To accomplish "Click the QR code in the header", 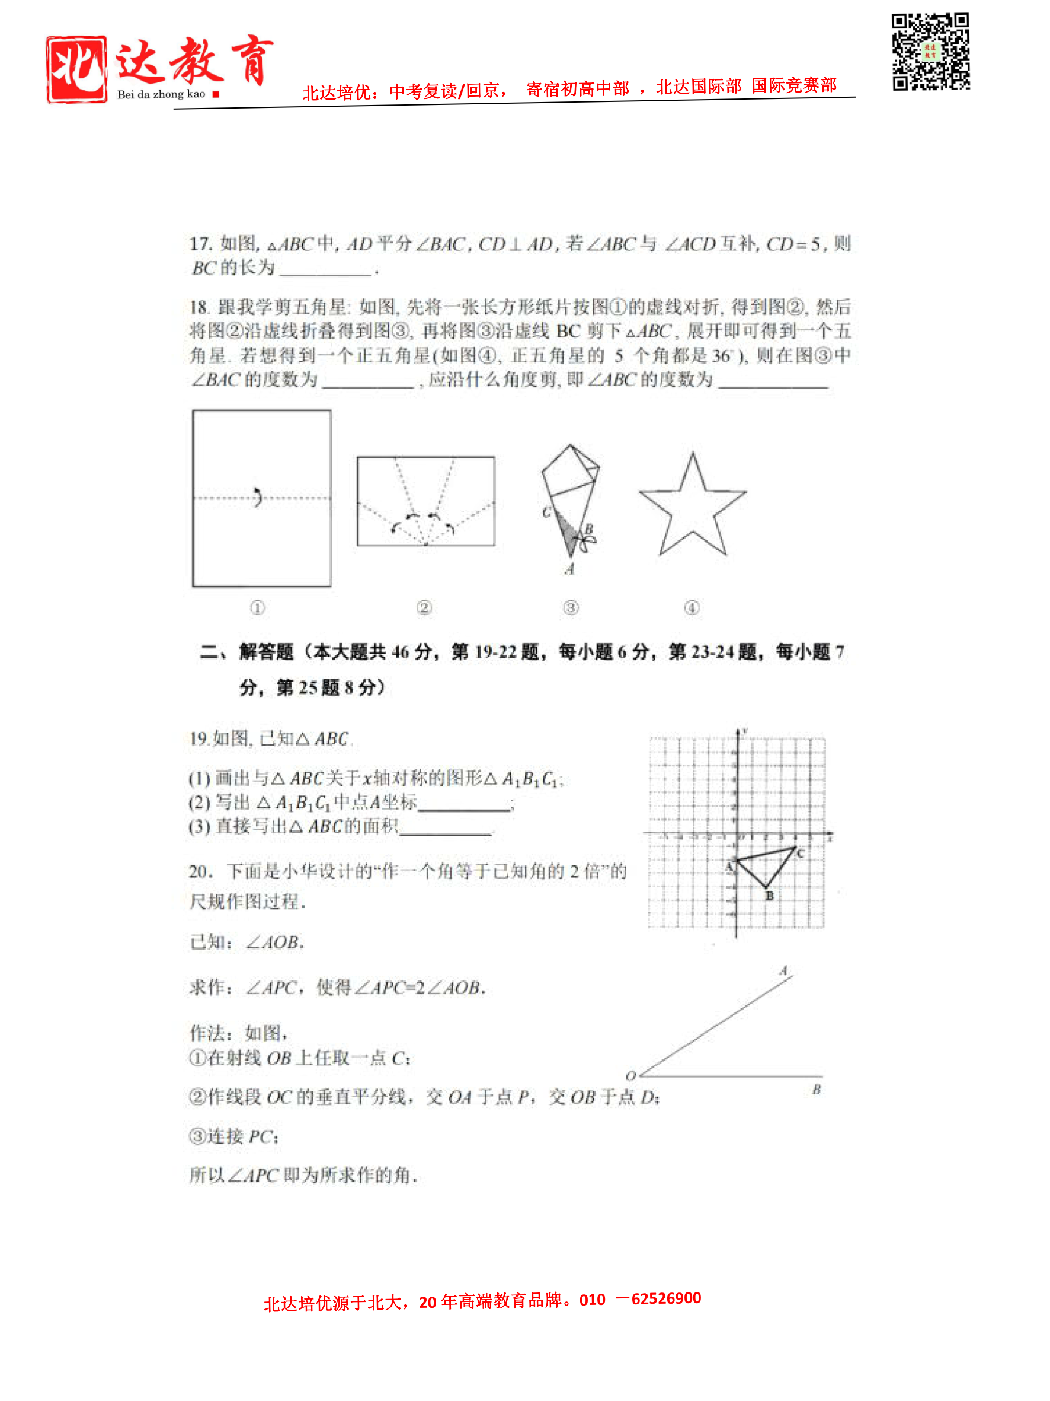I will (x=930, y=52).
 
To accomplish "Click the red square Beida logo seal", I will (x=76, y=69).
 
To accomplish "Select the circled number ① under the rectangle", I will (x=257, y=607).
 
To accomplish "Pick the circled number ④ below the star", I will (x=692, y=607).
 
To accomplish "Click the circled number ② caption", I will (x=424, y=607).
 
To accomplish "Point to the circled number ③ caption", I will (x=570, y=607).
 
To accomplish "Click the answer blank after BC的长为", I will (x=325, y=269).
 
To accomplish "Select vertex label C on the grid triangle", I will (x=801, y=853).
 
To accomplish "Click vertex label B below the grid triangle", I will (x=770, y=896).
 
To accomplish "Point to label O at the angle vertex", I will (x=630, y=1075).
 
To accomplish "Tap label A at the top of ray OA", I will (x=783, y=970).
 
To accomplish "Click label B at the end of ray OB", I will (x=816, y=1090).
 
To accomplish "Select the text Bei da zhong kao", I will (x=161, y=94).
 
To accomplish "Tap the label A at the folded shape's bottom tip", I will (x=569, y=569).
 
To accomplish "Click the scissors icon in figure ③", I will (x=587, y=542).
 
